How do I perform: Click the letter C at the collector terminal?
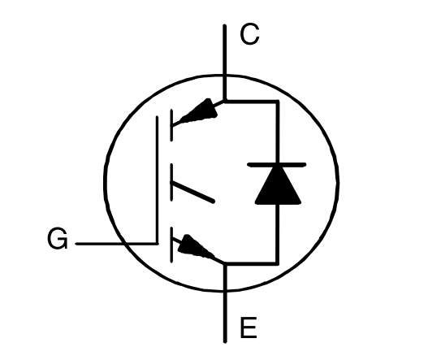(249, 34)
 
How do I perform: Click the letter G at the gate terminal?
(58, 238)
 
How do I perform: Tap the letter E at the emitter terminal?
(249, 327)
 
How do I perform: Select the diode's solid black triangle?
(278, 184)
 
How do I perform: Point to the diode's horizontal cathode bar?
(276, 164)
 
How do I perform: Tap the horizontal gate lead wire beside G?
(117, 243)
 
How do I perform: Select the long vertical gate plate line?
(158, 180)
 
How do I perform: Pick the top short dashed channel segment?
(171, 125)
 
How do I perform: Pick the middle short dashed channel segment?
(171, 183)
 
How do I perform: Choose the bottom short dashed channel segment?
(171, 245)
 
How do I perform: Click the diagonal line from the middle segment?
(193, 193)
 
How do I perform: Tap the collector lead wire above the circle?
(225, 50)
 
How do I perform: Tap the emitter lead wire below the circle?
(225, 317)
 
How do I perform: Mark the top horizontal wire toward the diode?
(251, 102)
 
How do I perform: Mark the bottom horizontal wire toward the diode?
(251, 263)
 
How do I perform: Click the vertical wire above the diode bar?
(277, 132)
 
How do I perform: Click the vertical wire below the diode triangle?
(277, 234)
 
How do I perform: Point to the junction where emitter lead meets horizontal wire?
(225, 263)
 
